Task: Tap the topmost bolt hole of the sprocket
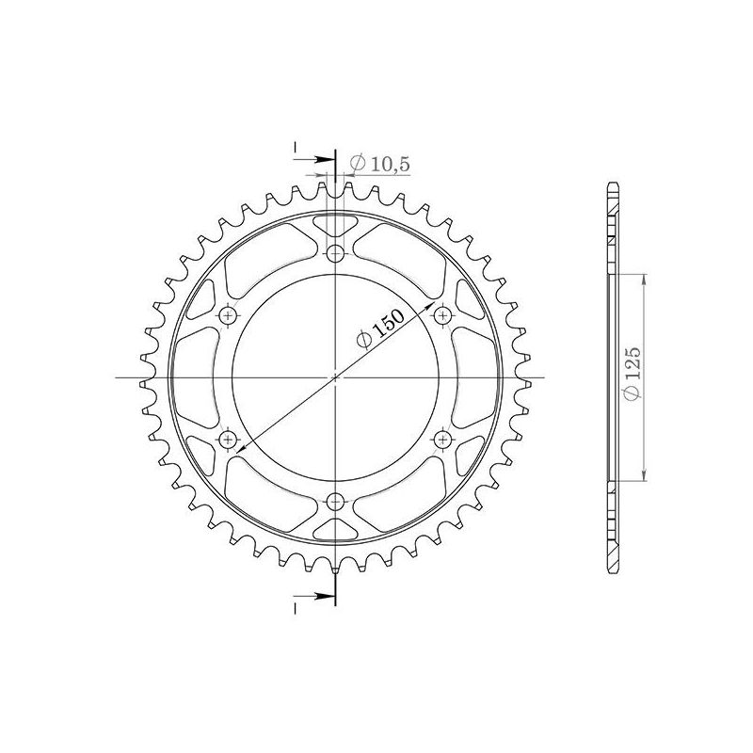tap(335, 252)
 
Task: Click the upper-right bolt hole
tap(443, 315)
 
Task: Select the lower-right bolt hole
tap(443, 440)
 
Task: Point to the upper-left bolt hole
tap(227, 315)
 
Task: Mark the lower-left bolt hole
tap(227, 440)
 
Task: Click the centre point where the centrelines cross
tap(335, 377)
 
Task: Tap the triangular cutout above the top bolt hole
tap(335, 226)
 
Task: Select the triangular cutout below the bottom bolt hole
tap(335, 529)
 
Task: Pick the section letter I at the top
tap(295, 149)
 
